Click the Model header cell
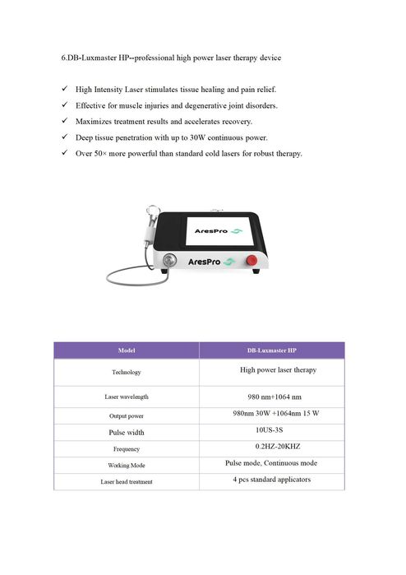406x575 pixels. pyautogui.click(x=126, y=350)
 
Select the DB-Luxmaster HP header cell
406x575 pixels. pyautogui.click(x=271, y=350)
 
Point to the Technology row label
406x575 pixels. pyautogui.click(x=126, y=373)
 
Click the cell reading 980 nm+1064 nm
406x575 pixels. pyautogui.click(x=271, y=396)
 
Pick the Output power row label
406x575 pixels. pyautogui.click(x=126, y=416)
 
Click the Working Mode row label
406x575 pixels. pyautogui.click(x=126, y=466)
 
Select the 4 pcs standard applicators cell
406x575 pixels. pyautogui.click(x=271, y=479)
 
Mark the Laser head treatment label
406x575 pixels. pyautogui.click(x=126, y=482)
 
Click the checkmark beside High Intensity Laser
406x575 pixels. pyautogui.click(x=65, y=88)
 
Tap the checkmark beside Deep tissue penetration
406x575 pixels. pyautogui.click(x=65, y=137)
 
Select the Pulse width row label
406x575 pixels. pyautogui.click(x=126, y=432)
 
